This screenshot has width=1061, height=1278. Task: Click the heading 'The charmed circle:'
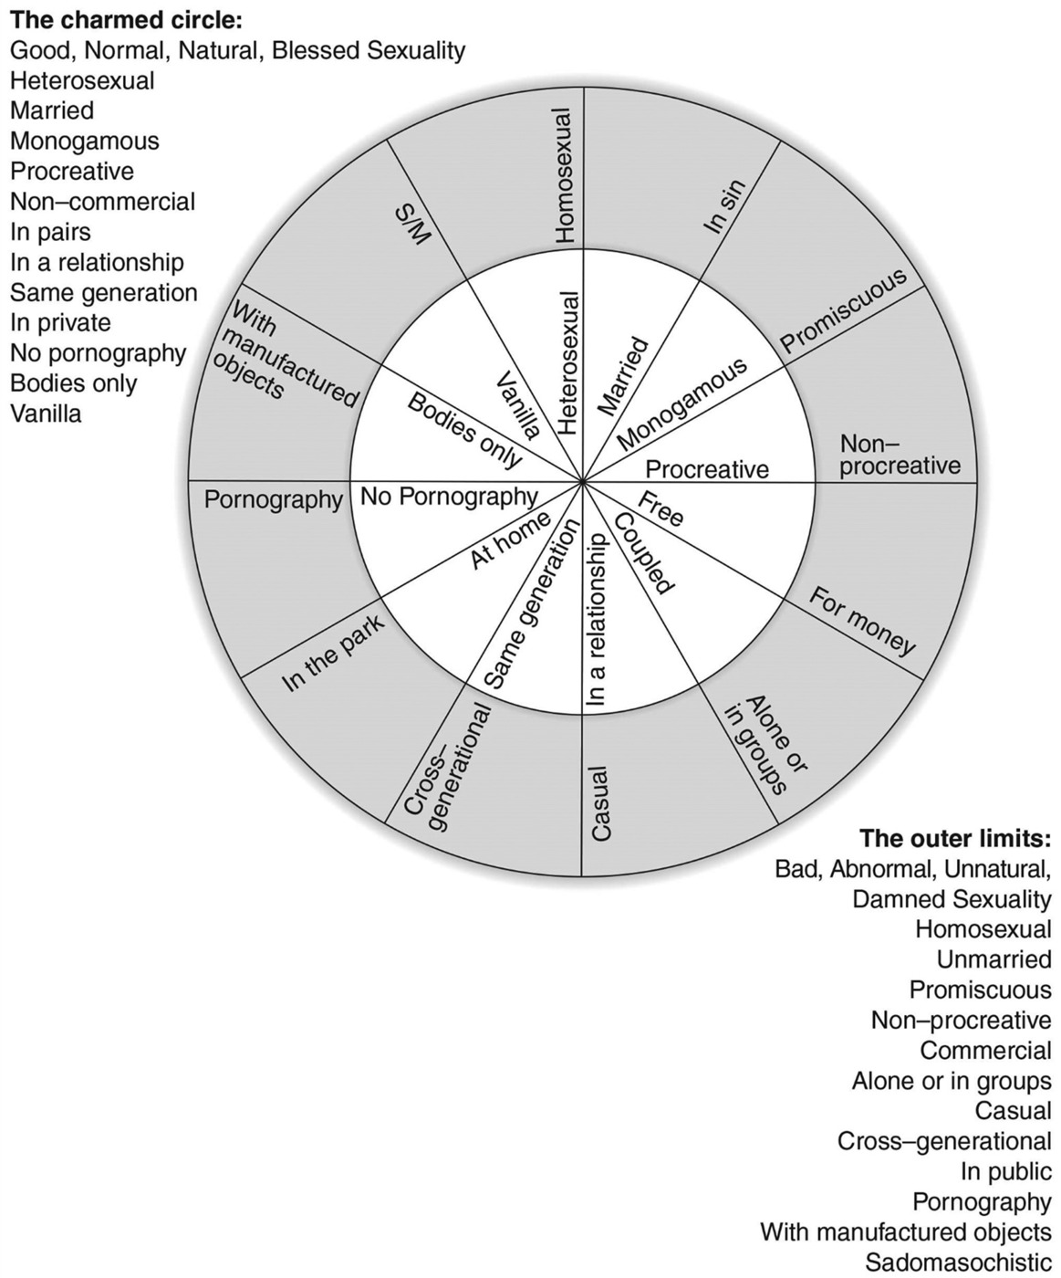[x=126, y=20]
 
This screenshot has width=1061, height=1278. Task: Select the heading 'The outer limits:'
[x=955, y=838]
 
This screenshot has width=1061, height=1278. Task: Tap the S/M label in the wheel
[x=415, y=223]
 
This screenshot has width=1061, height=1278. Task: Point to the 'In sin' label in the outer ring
[x=724, y=205]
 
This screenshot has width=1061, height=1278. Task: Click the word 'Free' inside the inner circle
[x=660, y=509]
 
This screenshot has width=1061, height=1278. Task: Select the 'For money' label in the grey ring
[x=862, y=621]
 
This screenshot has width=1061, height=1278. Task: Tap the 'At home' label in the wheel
[x=510, y=539]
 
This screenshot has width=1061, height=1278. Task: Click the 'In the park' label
[x=333, y=654]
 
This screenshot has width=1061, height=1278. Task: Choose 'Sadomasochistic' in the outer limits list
[x=958, y=1262]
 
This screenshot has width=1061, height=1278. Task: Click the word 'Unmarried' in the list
[x=993, y=959]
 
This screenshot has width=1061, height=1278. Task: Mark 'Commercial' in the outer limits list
[x=985, y=1051]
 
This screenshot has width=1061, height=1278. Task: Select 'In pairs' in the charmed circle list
[x=50, y=232]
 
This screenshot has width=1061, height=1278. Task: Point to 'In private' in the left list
[x=60, y=322]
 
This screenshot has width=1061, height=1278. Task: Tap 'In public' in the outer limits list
[x=1005, y=1171]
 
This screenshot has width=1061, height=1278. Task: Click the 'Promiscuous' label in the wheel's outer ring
[x=844, y=310]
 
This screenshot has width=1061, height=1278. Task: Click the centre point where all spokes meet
[x=582, y=481]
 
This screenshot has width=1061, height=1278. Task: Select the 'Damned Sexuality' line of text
[x=952, y=899]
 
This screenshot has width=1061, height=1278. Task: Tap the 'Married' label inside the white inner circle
[x=622, y=376]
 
